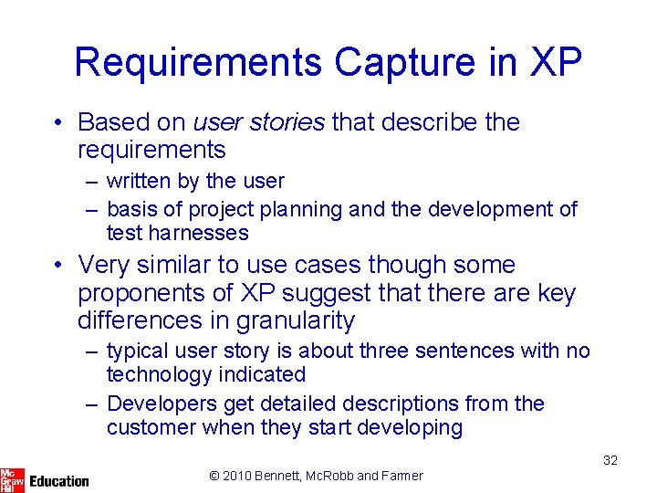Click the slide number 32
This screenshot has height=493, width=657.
click(610, 460)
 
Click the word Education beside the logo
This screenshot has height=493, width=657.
click(59, 480)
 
